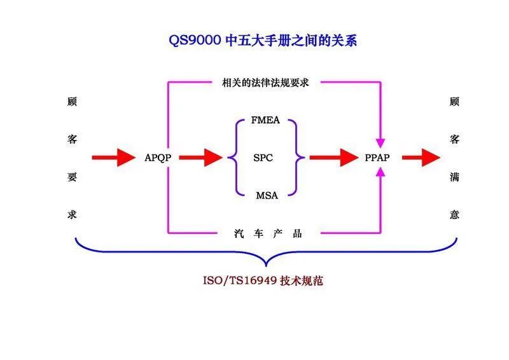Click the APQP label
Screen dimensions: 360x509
(158, 157)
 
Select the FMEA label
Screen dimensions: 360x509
(266, 120)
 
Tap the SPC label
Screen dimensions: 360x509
(263, 157)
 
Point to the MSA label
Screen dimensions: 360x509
(267, 195)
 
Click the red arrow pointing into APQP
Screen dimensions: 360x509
(114, 157)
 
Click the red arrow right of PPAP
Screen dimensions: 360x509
(421, 157)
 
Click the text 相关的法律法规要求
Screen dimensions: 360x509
(265, 82)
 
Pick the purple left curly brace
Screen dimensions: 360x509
(237, 157)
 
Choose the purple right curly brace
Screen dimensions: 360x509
(297, 157)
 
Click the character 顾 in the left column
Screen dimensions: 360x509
(72, 102)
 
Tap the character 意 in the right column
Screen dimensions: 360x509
(454, 214)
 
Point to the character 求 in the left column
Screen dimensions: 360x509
(72, 214)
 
